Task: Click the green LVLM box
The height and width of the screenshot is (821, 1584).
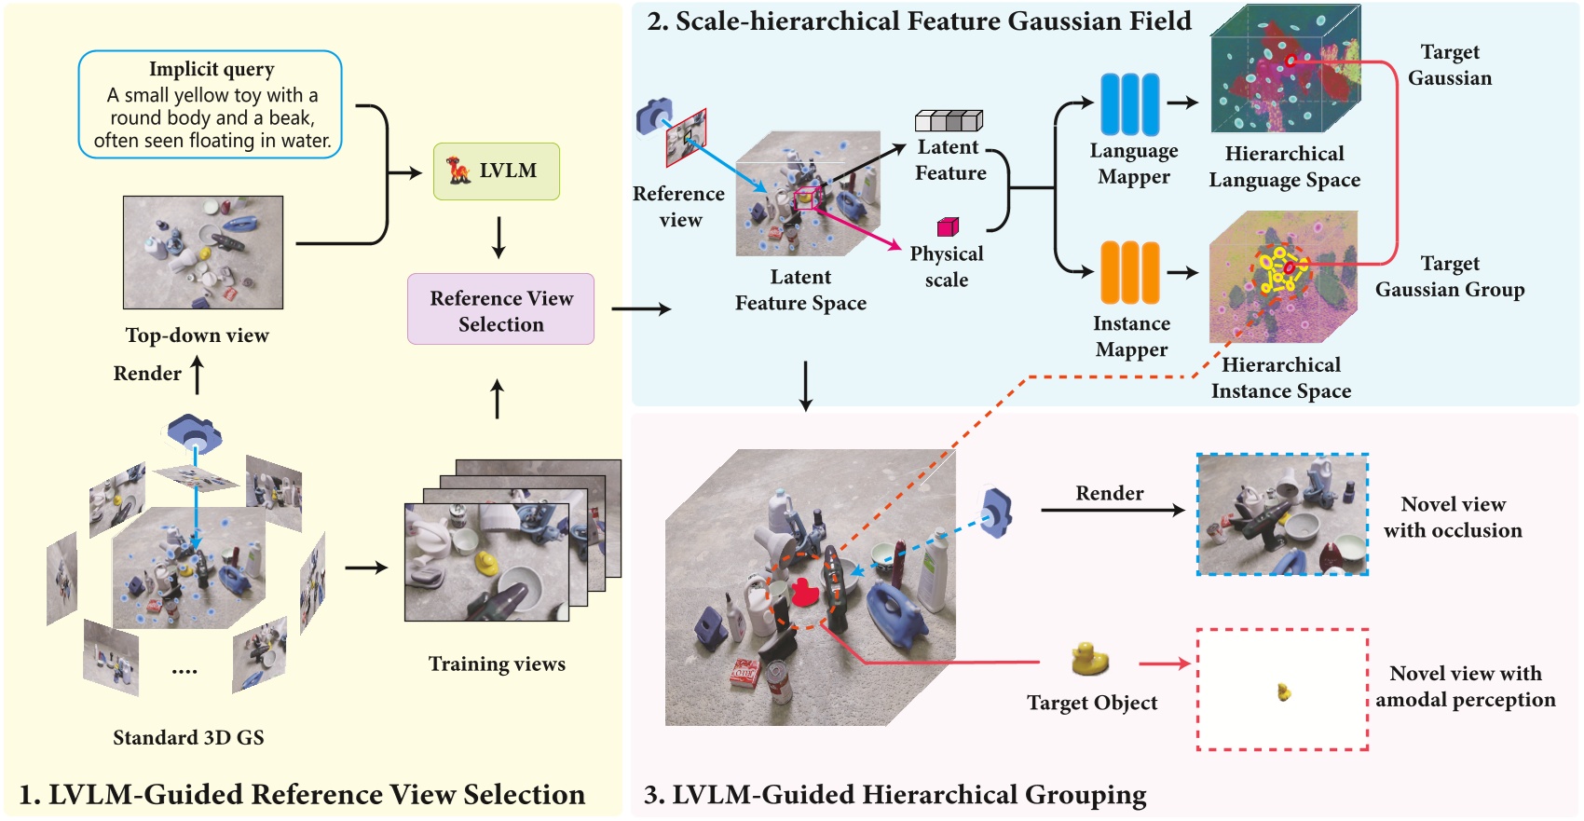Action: pos(496,171)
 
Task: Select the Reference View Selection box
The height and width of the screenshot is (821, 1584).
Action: pos(500,309)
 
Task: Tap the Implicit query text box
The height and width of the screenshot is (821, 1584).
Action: pos(211,104)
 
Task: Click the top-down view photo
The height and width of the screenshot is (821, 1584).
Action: pos(203,253)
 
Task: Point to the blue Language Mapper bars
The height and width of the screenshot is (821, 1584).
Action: pos(1130,104)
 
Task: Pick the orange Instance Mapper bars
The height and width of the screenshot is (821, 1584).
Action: pos(1130,272)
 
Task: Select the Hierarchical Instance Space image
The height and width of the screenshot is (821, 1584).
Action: pos(1282,278)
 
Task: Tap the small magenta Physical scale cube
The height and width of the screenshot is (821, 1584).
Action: pos(948,226)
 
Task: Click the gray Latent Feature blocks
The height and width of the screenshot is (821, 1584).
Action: pos(949,120)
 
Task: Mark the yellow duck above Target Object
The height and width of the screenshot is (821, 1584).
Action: pos(1089,659)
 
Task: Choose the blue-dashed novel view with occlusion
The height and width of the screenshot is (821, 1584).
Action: pos(1282,514)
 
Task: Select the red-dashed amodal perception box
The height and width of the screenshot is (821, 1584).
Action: pos(1282,690)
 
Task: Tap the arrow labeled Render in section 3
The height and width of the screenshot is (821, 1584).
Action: pos(1111,510)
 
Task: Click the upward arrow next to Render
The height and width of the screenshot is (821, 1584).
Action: pos(197,375)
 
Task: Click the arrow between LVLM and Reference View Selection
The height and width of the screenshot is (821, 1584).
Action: pos(498,238)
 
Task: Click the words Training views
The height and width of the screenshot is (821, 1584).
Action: pos(497,664)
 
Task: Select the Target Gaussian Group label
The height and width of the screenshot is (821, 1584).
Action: pos(1450,277)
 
